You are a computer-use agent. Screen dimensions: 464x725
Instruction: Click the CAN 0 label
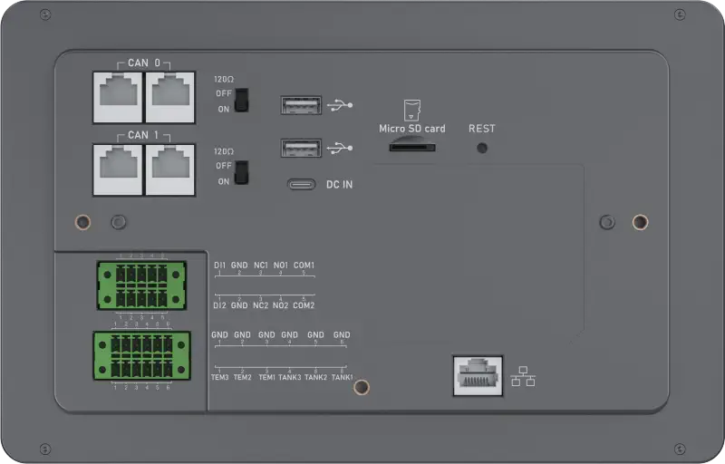point(144,63)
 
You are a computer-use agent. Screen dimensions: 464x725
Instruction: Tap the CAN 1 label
point(144,135)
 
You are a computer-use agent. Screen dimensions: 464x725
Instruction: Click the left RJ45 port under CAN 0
point(118,96)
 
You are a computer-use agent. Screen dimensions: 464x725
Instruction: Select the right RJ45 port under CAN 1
point(169,169)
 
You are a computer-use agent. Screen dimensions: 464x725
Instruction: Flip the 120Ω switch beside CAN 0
point(241,100)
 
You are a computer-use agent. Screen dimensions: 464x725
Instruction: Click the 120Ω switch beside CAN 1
point(241,172)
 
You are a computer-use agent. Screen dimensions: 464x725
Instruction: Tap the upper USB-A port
point(301,106)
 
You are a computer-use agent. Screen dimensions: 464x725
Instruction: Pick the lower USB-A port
point(301,148)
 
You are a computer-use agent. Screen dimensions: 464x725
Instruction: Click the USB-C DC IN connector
point(303,185)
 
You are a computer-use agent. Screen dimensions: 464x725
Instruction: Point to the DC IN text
point(339,185)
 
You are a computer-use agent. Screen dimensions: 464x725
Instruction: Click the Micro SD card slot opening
point(411,146)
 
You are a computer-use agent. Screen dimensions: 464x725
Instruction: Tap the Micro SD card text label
point(411,129)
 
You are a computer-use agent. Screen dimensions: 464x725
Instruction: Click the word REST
point(482,129)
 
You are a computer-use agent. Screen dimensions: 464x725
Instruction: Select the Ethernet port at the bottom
point(477,374)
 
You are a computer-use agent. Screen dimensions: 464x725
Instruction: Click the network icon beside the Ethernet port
point(523,375)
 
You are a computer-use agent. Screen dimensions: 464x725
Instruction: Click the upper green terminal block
point(142,285)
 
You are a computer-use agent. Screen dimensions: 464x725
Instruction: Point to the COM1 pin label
point(304,266)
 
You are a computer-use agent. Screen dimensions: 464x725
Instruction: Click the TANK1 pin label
point(342,377)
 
